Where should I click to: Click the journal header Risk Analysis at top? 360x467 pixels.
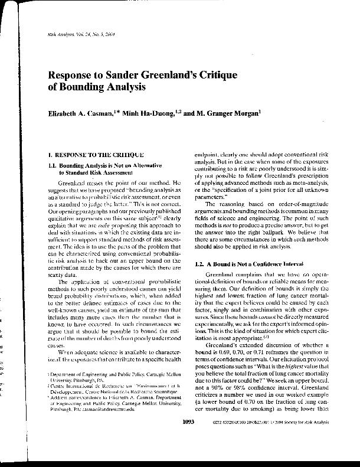[x=60, y=35]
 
